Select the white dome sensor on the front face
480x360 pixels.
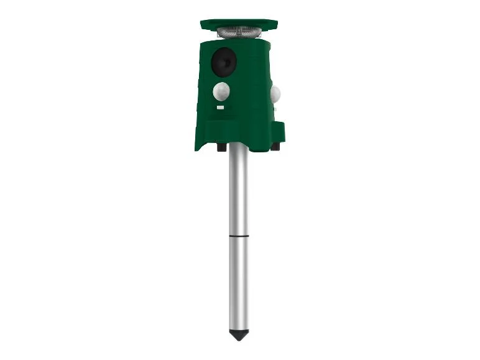(x=221, y=92)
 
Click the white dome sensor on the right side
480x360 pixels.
(x=275, y=95)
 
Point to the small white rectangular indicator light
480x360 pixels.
(x=220, y=108)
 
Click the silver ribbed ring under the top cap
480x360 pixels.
(x=239, y=32)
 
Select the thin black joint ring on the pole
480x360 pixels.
(x=238, y=236)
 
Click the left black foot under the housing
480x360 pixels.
(x=221, y=147)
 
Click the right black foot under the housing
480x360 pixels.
(x=274, y=147)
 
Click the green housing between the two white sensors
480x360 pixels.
(x=249, y=93)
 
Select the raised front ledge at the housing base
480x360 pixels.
(x=224, y=131)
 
